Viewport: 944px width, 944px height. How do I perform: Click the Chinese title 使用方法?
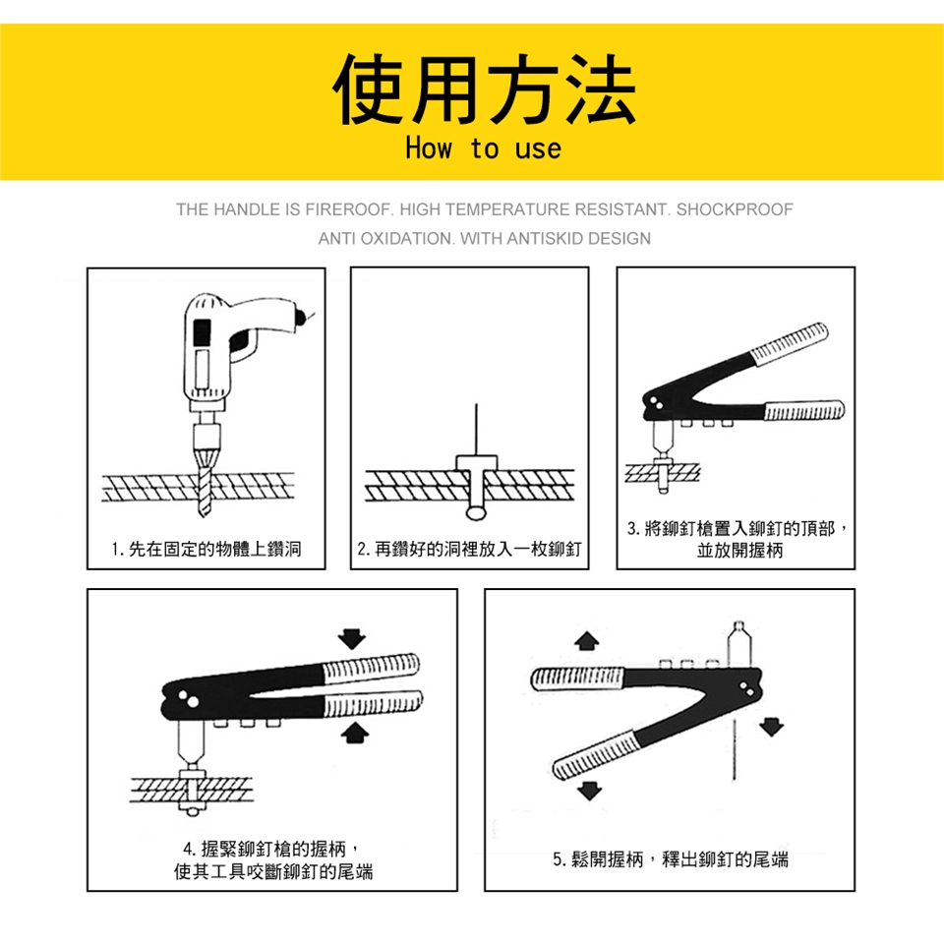[x=484, y=89]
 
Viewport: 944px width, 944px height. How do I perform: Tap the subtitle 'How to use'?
[x=484, y=148]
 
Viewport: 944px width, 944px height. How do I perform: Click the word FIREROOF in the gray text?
[x=347, y=209]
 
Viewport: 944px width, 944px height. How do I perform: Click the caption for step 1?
[x=206, y=549]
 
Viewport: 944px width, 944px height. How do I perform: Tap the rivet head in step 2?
[x=476, y=463]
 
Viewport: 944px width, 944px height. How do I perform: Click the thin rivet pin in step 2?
[x=476, y=430]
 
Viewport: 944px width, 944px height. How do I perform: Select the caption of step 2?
[x=470, y=549]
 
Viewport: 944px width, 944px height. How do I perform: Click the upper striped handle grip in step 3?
[x=789, y=344]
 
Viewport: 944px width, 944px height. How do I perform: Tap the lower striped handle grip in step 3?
[x=804, y=411]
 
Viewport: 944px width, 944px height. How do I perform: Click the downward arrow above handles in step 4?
[x=352, y=639]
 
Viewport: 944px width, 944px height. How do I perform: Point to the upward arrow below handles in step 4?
[x=355, y=733]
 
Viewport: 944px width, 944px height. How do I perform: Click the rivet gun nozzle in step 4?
[x=191, y=743]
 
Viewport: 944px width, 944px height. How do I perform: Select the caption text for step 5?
[x=671, y=859]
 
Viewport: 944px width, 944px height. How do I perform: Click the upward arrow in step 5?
[x=586, y=641]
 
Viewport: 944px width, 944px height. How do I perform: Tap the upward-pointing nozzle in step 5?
[x=738, y=644]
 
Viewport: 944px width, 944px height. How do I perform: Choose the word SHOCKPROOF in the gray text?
[x=735, y=209]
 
